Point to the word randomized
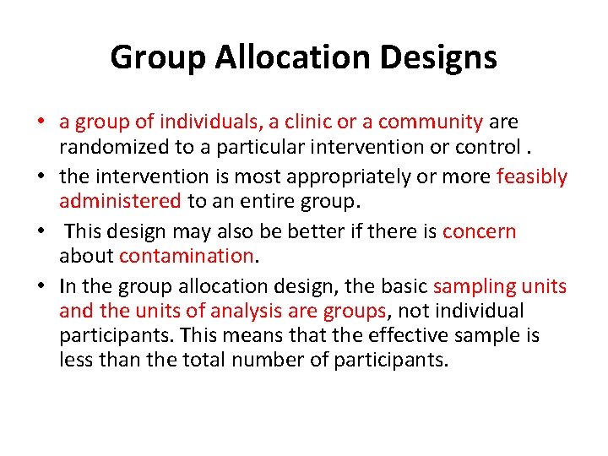coord(109,148)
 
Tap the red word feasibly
coord(532,176)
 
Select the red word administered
coord(120,201)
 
